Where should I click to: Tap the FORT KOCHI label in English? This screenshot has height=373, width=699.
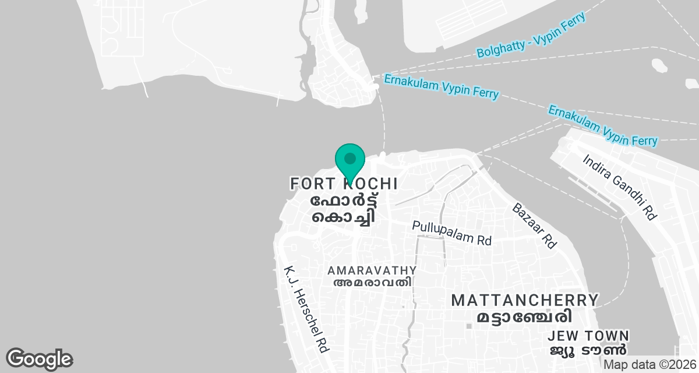pos(344,184)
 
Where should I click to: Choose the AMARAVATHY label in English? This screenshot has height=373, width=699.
pos(372,270)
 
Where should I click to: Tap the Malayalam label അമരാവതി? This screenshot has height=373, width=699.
pos(372,283)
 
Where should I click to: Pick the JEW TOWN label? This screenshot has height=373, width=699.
pos(589,336)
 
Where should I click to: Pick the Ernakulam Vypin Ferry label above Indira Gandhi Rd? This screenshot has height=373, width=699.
pos(603,125)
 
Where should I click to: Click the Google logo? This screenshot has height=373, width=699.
pos(39,359)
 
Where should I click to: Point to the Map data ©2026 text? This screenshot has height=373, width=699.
pos(650,364)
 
